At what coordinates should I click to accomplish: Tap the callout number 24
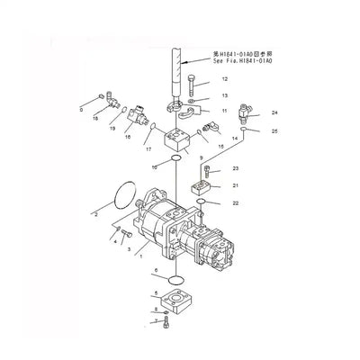point(249,112)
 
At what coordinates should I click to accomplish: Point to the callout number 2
point(95,216)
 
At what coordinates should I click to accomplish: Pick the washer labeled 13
point(196,100)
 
